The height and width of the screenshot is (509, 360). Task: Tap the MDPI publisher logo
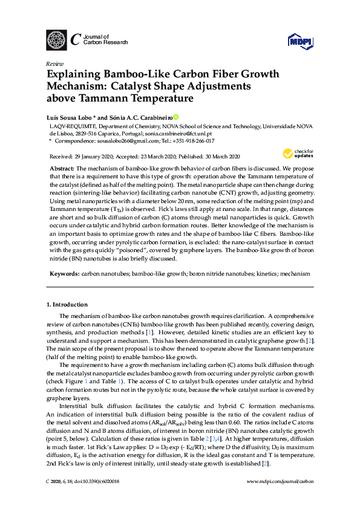299,40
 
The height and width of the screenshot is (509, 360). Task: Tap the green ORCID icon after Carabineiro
176,116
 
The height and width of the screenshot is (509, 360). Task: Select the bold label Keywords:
64,273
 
